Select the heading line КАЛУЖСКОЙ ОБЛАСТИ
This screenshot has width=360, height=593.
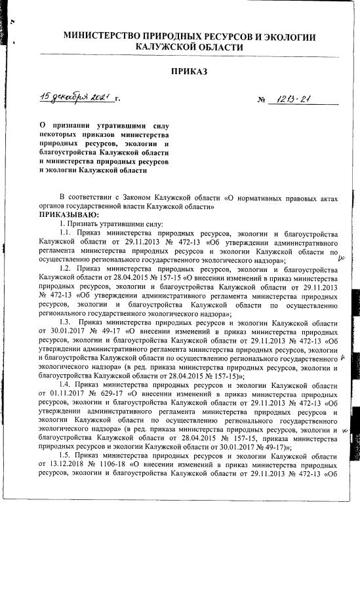click(x=190, y=47)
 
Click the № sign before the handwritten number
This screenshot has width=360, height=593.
click(x=262, y=101)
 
